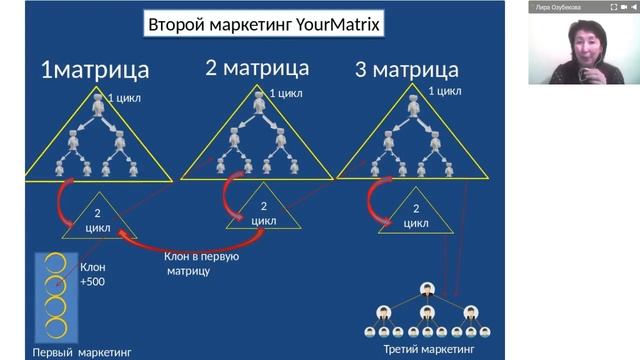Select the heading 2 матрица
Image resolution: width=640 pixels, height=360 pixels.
257,68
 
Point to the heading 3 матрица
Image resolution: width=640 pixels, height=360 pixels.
406,70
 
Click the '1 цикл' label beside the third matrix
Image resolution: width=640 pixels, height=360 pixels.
443,91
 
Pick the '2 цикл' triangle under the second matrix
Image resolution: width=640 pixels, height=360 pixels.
263,212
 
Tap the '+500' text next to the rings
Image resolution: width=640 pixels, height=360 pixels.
92,282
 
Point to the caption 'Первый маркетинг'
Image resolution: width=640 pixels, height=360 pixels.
81,352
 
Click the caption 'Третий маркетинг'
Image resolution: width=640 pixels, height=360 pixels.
429,349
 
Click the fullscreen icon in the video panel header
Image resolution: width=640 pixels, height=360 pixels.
612,7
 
